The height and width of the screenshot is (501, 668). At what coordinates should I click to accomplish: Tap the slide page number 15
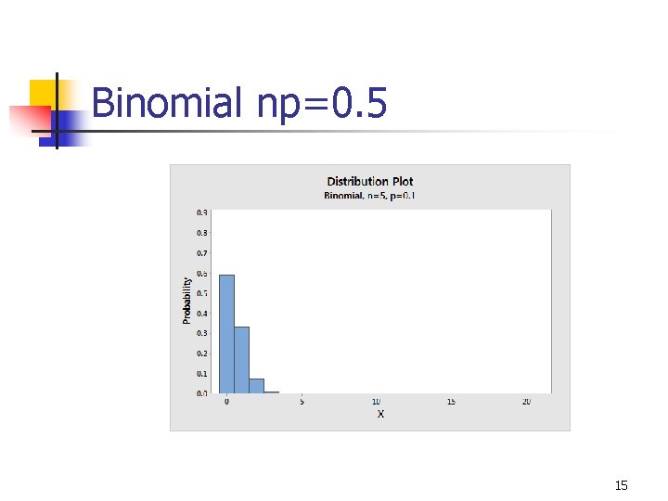pyautogui.click(x=622, y=485)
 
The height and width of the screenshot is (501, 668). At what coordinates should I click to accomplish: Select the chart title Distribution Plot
pyautogui.click(x=370, y=181)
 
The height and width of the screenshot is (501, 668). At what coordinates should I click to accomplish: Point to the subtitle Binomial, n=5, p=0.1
pyautogui.click(x=370, y=195)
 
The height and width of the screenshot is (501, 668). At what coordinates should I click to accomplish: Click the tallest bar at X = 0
pyautogui.click(x=226, y=334)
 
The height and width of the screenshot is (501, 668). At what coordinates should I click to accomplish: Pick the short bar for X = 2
pyautogui.click(x=256, y=385)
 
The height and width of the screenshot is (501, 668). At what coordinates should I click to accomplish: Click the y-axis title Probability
pyautogui.click(x=186, y=300)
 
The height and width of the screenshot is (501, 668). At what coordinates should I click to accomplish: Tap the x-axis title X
pyautogui.click(x=380, y=414)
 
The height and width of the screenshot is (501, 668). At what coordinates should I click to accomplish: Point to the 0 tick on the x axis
pyautogui.click(x=226, y=402)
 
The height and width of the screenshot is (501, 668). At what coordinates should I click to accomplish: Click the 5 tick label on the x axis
pyautogui.click(x=302, y=402)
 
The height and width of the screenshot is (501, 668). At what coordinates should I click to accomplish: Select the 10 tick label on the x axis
pyautogui.click(x=376, y=402)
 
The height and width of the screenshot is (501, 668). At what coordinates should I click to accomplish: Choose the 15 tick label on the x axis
pyautogui.click(x=451, y=402)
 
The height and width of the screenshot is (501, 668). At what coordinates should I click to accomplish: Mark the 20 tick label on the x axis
pyautogui.click(x=526, y=402)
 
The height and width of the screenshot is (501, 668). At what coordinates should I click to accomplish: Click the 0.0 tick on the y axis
pyautogui.click(x=201, y=393)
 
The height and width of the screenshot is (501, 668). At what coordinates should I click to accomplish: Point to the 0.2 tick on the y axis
pyautogui.click(x=201, y=353)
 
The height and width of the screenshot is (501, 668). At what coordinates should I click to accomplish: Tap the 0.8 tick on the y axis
pyautogui.click(x=201, y=232)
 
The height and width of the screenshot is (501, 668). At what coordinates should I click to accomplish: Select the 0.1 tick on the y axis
pyautogui.click(x=201, y=373)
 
